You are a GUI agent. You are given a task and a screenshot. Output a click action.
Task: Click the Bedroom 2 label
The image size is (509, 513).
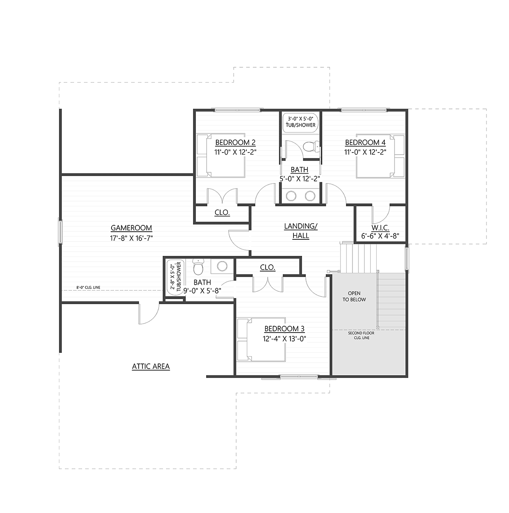(235, 142)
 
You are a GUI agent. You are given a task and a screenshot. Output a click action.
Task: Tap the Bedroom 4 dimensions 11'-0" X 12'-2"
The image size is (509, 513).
(365, 152)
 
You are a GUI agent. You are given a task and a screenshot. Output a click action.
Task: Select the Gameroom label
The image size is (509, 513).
(131, 228)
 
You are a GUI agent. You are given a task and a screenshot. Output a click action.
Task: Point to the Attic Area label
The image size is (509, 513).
(151, 366)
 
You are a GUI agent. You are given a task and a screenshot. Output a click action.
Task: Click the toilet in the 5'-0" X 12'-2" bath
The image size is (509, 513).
(311, 147)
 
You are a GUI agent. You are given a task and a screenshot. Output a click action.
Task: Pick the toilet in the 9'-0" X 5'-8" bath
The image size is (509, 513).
(198, 266)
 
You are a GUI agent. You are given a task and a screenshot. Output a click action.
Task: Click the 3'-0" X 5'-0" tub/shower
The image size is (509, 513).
(300, 122)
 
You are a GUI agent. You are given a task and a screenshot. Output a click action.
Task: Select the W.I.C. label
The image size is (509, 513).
(380, 228)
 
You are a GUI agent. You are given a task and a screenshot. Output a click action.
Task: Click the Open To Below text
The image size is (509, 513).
(354, 296)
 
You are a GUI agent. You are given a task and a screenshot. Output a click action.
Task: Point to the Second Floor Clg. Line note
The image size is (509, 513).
(361, 336)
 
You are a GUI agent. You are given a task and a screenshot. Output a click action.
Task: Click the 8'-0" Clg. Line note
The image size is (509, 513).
(88, 288)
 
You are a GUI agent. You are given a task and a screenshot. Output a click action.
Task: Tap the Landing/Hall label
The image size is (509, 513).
(301, 231)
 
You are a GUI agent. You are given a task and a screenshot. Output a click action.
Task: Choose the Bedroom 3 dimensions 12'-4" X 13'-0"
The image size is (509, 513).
(284, 338)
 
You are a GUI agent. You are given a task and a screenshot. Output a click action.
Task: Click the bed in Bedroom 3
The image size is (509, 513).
(261, 339)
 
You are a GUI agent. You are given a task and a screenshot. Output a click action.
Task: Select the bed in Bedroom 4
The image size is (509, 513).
(380, 156)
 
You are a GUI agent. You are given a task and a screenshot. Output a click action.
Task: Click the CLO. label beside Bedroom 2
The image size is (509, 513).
(222, 212)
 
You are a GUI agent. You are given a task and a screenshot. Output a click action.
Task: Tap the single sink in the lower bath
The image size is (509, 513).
(222, 266)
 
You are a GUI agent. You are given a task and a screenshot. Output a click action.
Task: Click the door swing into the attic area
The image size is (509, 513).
(149, 313)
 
